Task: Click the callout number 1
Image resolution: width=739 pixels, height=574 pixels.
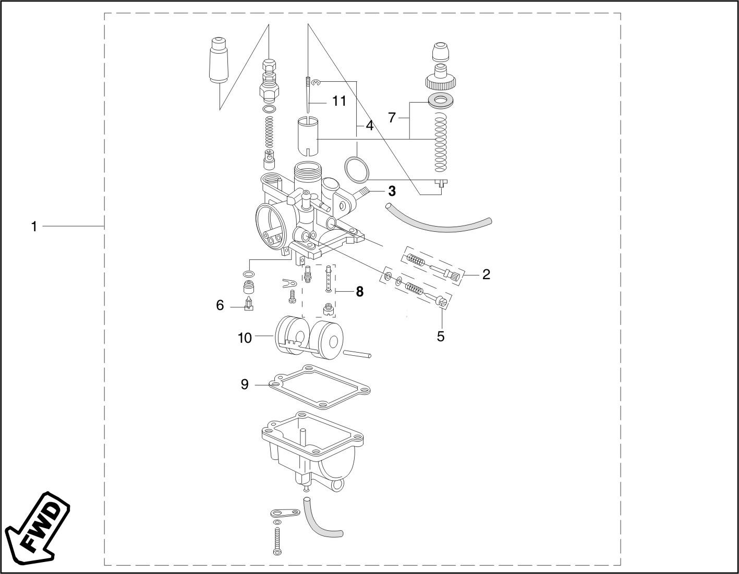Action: click(34, 227)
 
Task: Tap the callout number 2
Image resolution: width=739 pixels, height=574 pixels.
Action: click(486, 274)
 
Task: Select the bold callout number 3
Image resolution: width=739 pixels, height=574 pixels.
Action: click(392, 192)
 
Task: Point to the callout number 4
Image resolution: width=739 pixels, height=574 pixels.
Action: click(370, 126)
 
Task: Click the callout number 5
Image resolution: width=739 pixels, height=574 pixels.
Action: click(440, 336)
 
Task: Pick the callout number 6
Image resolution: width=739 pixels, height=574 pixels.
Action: click(220, 305)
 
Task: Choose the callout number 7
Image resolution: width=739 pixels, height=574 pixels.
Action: click(392, 118)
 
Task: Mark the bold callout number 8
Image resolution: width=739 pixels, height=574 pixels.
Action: click(359, 291)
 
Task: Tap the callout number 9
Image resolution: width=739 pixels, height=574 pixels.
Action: click(245, 384)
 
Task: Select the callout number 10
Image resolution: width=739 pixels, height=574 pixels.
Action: click(245, 338)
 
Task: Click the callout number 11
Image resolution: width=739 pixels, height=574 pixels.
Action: click(339, 101)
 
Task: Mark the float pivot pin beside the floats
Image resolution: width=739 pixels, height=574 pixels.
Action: click(357, 354)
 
